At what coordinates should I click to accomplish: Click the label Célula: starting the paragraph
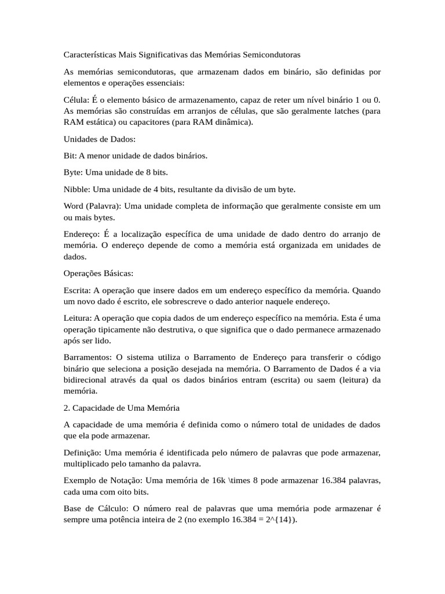(76, 99)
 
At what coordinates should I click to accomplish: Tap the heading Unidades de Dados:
(99, 139)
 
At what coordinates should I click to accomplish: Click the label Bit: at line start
(70, 156)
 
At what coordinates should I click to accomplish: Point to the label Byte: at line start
(74, 172)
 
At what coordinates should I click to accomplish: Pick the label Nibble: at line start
(77, 189)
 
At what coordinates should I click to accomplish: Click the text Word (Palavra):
(92, 206)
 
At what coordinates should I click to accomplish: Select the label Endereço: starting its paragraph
(81, 234)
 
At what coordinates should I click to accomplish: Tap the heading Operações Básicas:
(99, 273)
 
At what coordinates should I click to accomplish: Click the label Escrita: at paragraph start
(77, 290)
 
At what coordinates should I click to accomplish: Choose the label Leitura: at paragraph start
(78, 318)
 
